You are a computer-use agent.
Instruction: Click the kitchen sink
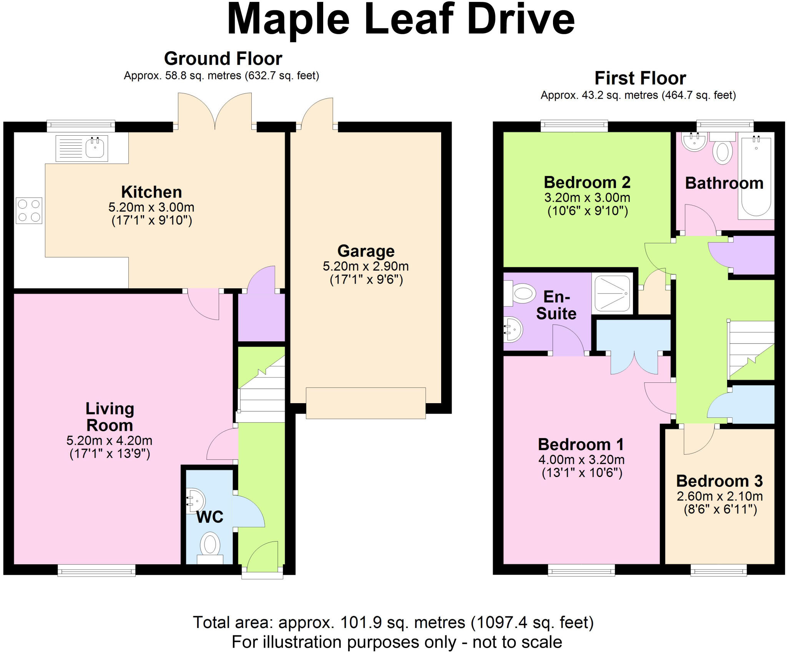(81, 148)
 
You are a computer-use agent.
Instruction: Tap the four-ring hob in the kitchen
(29, 211)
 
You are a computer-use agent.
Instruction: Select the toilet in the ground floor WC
(210, 548)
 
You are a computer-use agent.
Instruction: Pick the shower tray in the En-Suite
(613, 293)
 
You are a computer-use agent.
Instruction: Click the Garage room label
(366, 251)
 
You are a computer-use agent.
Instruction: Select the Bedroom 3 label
(719, 481)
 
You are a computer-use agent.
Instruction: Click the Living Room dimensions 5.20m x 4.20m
(110, 440)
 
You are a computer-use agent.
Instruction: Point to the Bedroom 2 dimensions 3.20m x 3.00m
(587, 198)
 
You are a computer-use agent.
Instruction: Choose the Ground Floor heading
(223, 58)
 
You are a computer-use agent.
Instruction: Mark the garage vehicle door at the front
(366, 403)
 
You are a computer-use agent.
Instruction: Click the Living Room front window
(96, 570)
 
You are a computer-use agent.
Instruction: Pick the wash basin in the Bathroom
(694, 142)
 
